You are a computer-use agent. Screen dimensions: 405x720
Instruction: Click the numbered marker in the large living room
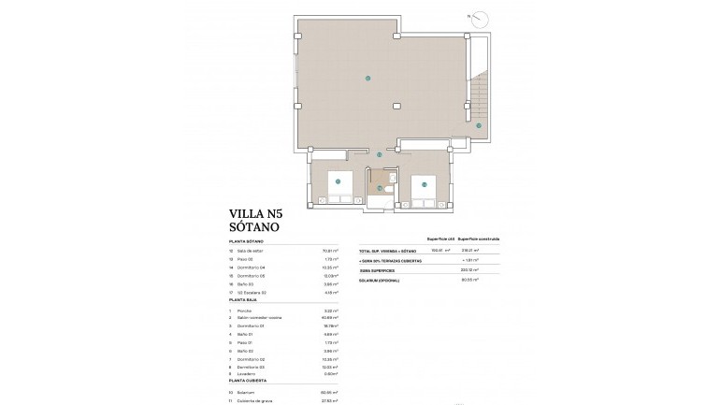click(x=367, y=78)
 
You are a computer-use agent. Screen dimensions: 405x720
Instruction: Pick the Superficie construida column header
click(x=479, y=239)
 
